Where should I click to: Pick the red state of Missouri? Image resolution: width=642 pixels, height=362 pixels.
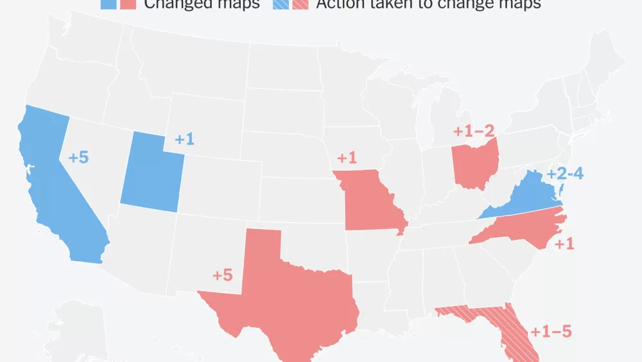369,203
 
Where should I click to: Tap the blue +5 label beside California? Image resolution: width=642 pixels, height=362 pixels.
78,157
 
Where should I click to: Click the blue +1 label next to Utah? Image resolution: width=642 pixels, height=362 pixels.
184,139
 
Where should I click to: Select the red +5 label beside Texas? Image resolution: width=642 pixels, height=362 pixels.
222,275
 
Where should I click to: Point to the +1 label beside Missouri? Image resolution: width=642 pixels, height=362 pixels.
346,158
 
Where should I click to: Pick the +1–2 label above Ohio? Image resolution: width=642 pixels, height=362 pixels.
474,131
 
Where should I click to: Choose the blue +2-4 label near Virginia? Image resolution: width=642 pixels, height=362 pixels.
565,174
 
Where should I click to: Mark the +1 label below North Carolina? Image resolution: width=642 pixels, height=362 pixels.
564,244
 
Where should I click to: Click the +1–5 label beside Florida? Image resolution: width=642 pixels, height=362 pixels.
550,332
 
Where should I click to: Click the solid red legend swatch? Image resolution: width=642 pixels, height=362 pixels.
127,4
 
